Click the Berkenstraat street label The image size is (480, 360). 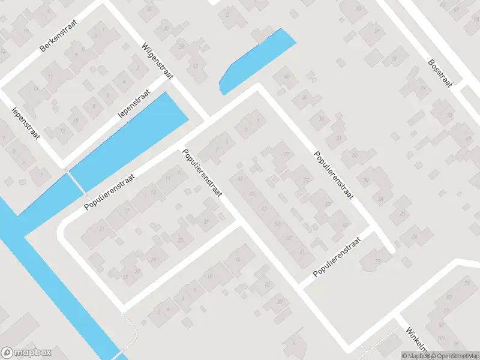(x=62, y=40)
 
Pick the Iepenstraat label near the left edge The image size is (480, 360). (x=26, y=123)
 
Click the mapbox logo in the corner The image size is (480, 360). (x=26, y=353)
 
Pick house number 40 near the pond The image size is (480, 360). (x=286, y=77)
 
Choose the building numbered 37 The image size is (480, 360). (x=207, y=221)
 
